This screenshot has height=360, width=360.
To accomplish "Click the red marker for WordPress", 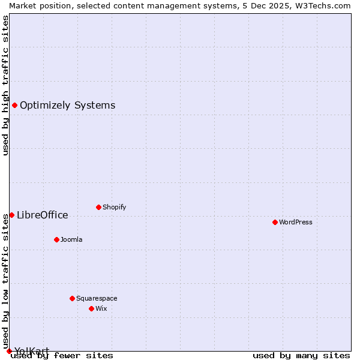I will pyautogui.click(x=275, y=222).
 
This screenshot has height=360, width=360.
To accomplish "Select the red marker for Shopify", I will pyautogui.click(x=98, y=207).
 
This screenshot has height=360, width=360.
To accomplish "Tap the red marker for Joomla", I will pyautogui.click(x=56, y=239).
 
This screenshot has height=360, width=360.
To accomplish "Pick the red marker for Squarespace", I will pyautogui.click(x=72, y=298).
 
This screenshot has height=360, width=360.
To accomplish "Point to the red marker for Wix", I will pyautogui.click(x=91, y=308).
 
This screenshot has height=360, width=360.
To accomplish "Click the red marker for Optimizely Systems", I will pyautogui.click(x=14, y=106).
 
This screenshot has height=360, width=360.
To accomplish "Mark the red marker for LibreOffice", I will pyautogui.click(x=11, y=215).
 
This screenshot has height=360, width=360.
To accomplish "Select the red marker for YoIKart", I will pyautogui.click(x=9, y=351).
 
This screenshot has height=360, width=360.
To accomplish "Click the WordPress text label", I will pyautogui.click(x=296, y=222).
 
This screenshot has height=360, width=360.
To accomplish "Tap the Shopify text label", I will pyautogui.click(x=114, y=207).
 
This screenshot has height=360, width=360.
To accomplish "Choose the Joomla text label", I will pyautogui.click(x=71, y=239).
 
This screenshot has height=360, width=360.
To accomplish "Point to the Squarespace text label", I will pyautogui.click(x=97, y=298).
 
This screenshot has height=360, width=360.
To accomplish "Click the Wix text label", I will pyautogui.click(x=101, y=308).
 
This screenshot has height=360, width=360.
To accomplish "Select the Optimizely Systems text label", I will pyautogui.click(x=67, y=106).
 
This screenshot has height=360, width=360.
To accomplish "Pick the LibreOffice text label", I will pyautogui.click(x=42, y=215).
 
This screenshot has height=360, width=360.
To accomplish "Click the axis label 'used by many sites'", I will pyautogui.click(x=301, y=355).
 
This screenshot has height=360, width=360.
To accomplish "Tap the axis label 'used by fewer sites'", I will pyautogui.click(x=62, y=355).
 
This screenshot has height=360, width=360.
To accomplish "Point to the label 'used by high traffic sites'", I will pyautogui.click(x=5, y=85).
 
